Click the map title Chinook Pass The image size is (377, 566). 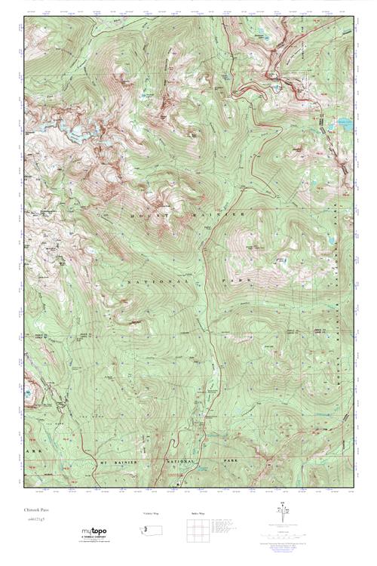35,510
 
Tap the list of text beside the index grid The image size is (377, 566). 227,525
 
